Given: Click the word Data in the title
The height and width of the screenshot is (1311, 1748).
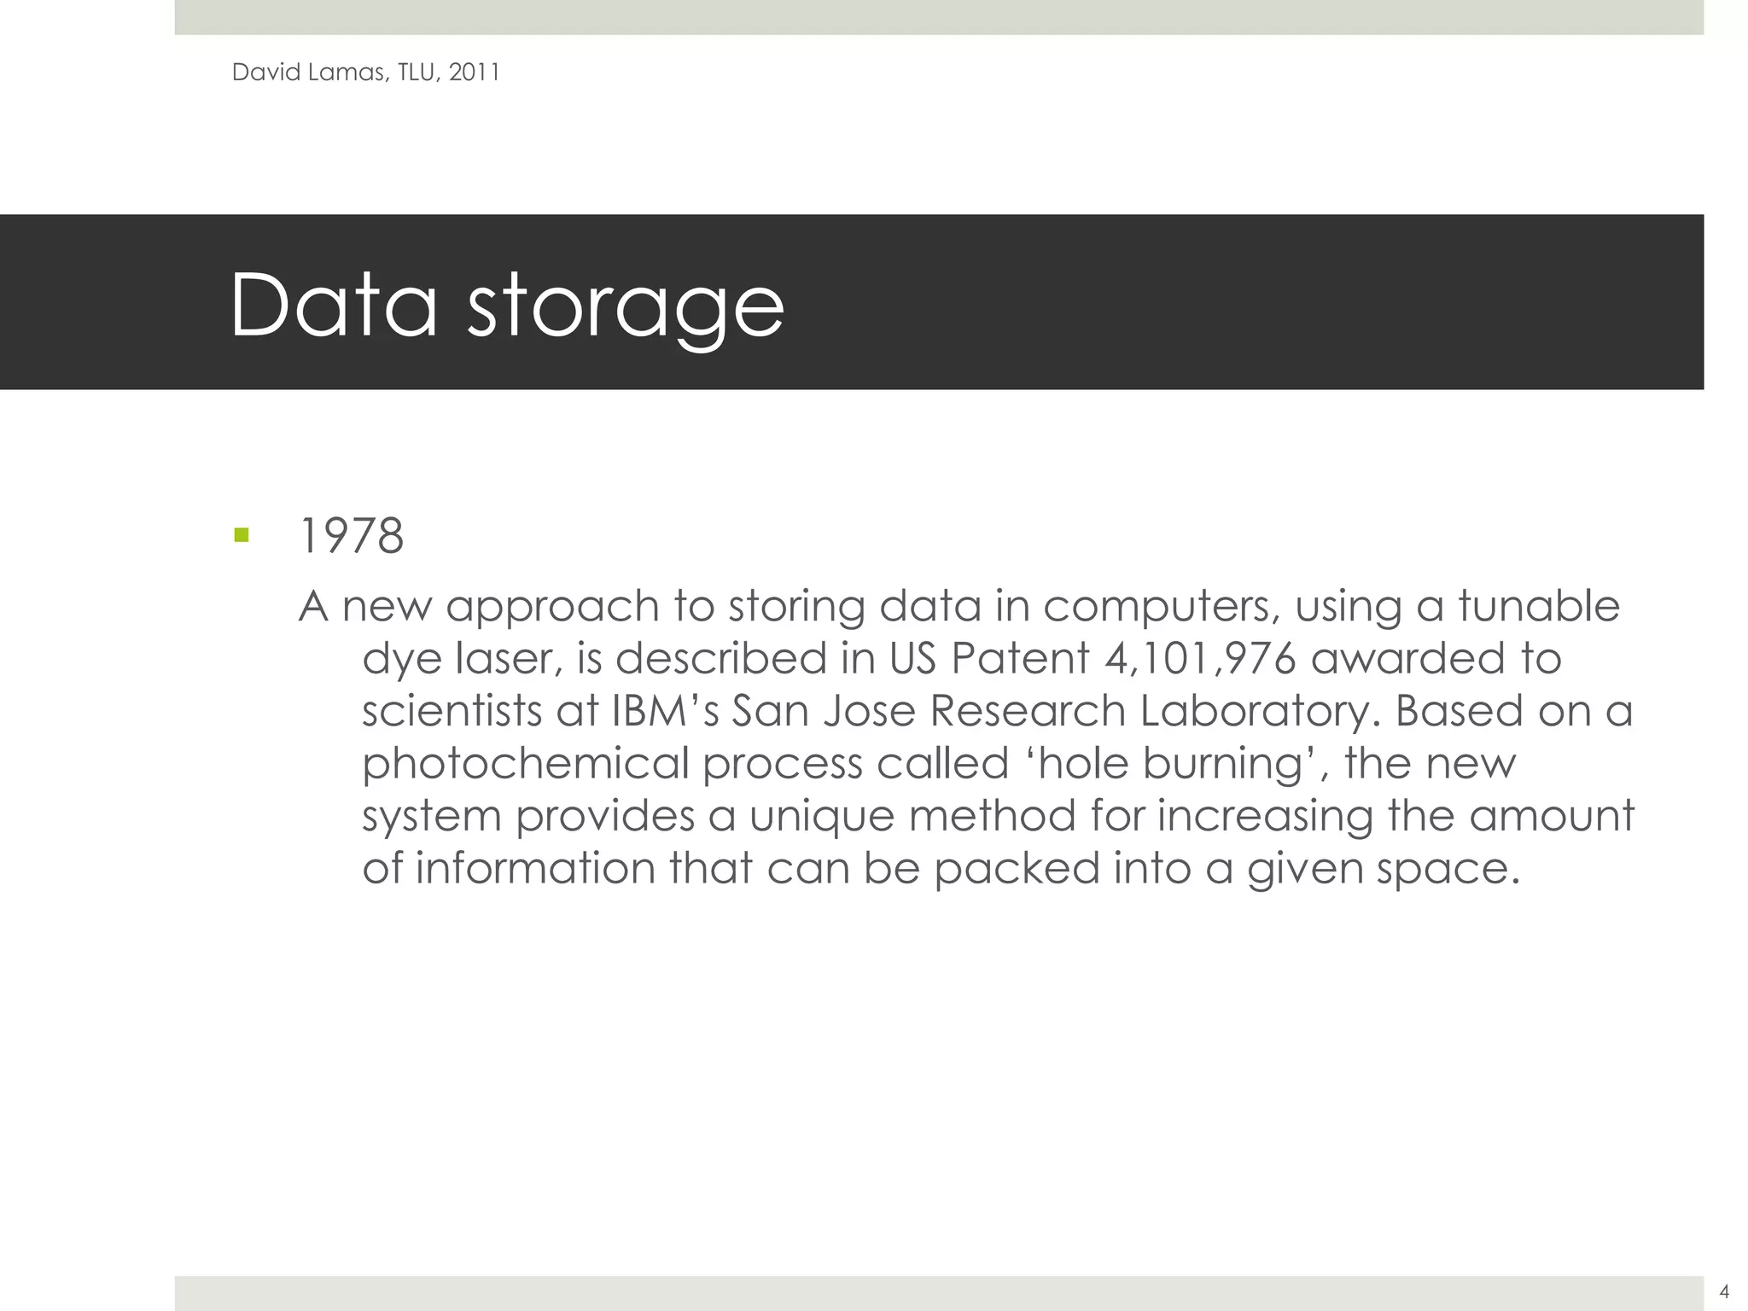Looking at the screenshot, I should pyautogui.click(x=333, y=306).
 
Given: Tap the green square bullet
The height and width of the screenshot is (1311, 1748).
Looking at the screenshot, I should pyautogui.click(x=242, y=536).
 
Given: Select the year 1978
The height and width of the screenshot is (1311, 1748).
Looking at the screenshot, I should pyautogui.click(x=352, y=537).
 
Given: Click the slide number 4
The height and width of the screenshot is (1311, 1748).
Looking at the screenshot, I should pyautogui.click(x=1724, y=1291).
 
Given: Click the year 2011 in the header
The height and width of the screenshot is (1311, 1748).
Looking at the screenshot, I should pyautogui.click(x=474, y=73).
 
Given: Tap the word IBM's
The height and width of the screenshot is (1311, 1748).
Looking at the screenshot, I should pyautogui.click(x=665, y=711).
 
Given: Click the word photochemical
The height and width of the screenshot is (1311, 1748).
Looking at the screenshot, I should pyautogui.click(x=525, y=764).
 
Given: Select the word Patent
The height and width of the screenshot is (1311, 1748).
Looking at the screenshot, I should pyautogui.click(x=1020, y=659).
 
